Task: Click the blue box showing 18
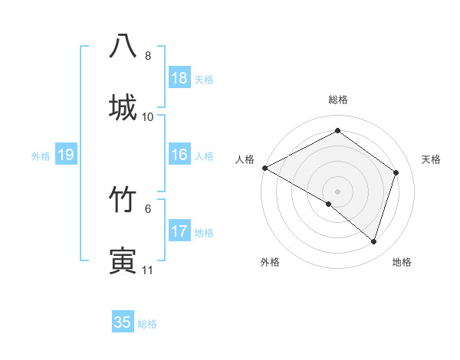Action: (179, 78)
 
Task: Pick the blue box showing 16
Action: (179, 155)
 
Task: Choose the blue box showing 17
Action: (179, 231)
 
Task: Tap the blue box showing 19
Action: (66, 155)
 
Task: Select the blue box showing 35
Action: (123, 322)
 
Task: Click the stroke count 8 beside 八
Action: (148, 56)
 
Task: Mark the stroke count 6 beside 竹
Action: (148, 208)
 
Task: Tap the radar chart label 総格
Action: (338, 100)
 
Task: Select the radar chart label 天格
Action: (431, 159)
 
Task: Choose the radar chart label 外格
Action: (270, 263)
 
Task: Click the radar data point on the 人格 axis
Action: (264, 168)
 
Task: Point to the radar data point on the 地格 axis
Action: (374, 242)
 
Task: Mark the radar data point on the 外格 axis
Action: (329, 205)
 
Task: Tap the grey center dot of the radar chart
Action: (338, 191)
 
